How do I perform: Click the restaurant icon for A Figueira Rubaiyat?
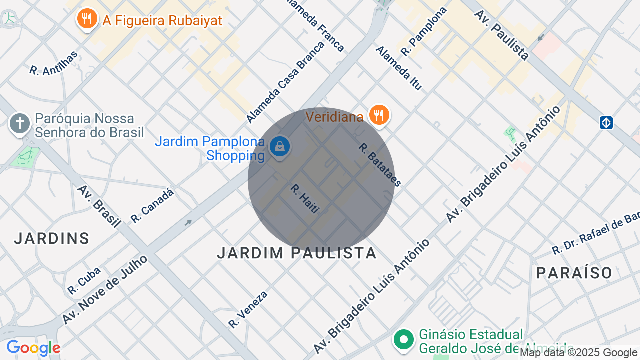click(x=87, y=19)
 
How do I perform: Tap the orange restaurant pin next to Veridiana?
click(x=379, y=115)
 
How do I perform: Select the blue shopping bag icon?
click(x=280, y=147)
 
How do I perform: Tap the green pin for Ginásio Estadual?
click(x=404, y=340)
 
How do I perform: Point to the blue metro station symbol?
click(x=606, y=123)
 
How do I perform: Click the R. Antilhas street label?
click(x=54, y=63)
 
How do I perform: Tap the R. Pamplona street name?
click(x=423, y=31)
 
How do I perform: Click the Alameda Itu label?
click(x=399, y=68)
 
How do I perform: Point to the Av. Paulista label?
click(x=501, y=35)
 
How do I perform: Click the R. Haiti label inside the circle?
click(x=304, y=199)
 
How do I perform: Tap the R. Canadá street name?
click(x=152, y=205)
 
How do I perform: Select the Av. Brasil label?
click(x=99, y=206)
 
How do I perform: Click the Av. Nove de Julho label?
click(x=105, y=290)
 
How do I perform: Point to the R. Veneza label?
click(x=248, y=309)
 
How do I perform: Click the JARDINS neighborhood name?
click(x=52, y=238)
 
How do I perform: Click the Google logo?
click(x=33, y=348)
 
